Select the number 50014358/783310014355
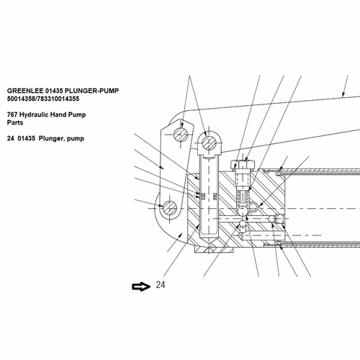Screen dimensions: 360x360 point(43,99)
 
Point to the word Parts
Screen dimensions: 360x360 point(15,122)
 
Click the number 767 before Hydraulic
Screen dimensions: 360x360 point(12,114)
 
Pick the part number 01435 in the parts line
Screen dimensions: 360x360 point(26,138)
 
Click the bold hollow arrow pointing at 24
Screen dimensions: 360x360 point(141,287)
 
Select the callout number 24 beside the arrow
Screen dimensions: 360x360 point(161,285)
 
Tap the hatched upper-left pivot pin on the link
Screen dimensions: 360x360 point(181,135)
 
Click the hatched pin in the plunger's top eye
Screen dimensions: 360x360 point(209,143)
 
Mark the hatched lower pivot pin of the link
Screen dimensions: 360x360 point(170,208)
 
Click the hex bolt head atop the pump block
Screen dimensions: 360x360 point(243,165)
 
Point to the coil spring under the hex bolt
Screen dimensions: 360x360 point(243,198)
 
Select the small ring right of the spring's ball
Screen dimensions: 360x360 point(253,207)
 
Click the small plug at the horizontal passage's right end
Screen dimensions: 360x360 point(279,219)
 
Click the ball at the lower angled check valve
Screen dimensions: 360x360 point(243,225)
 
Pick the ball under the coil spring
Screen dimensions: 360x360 point(243,210)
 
